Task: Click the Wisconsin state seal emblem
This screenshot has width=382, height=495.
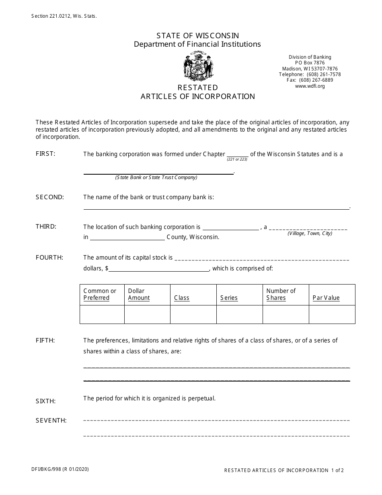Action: point(197,66)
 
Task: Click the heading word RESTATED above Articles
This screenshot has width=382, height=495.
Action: point(197,87)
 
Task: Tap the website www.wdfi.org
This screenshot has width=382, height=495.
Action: point(310,86)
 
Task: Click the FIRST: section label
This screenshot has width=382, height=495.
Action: point(45,154)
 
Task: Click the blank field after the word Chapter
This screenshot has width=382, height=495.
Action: point(238,154)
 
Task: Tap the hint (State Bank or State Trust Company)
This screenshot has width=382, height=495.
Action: point(156,177)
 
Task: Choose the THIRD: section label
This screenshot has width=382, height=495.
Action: point(46,227)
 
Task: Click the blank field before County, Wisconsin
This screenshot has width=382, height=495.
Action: point(127,237)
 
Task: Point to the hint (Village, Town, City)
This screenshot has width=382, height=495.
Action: point(310,233)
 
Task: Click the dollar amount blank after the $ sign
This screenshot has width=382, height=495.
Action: point(159,268)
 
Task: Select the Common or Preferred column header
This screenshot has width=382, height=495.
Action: point(100,294)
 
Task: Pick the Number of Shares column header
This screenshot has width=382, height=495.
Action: point(281,294)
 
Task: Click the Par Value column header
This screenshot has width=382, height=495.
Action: point(326,298)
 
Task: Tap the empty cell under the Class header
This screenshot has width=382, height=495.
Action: point(193,314)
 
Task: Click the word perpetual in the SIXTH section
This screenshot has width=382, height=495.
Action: point(201,398)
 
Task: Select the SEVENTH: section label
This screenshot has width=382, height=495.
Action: point(51,421)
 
